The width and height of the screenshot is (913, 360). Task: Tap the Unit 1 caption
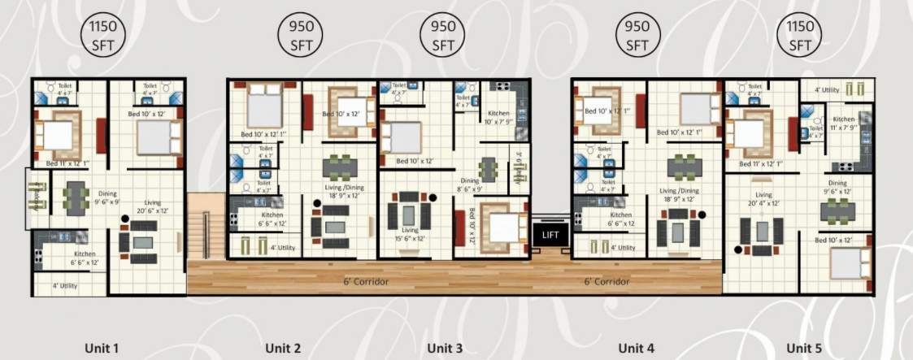[x=102, y=349]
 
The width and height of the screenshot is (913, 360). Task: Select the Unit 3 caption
[x=445, y=349]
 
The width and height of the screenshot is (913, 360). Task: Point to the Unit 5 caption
[x=806, y=349]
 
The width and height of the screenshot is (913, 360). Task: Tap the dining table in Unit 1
[x=76, y=197]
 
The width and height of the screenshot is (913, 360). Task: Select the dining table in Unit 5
[x=837, y=210]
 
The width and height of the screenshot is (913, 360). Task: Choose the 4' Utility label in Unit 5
[x=826, y=90]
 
